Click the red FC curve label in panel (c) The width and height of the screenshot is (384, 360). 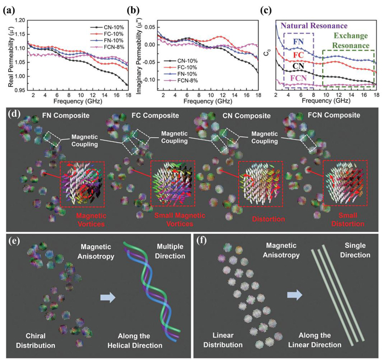pos(298,55)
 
